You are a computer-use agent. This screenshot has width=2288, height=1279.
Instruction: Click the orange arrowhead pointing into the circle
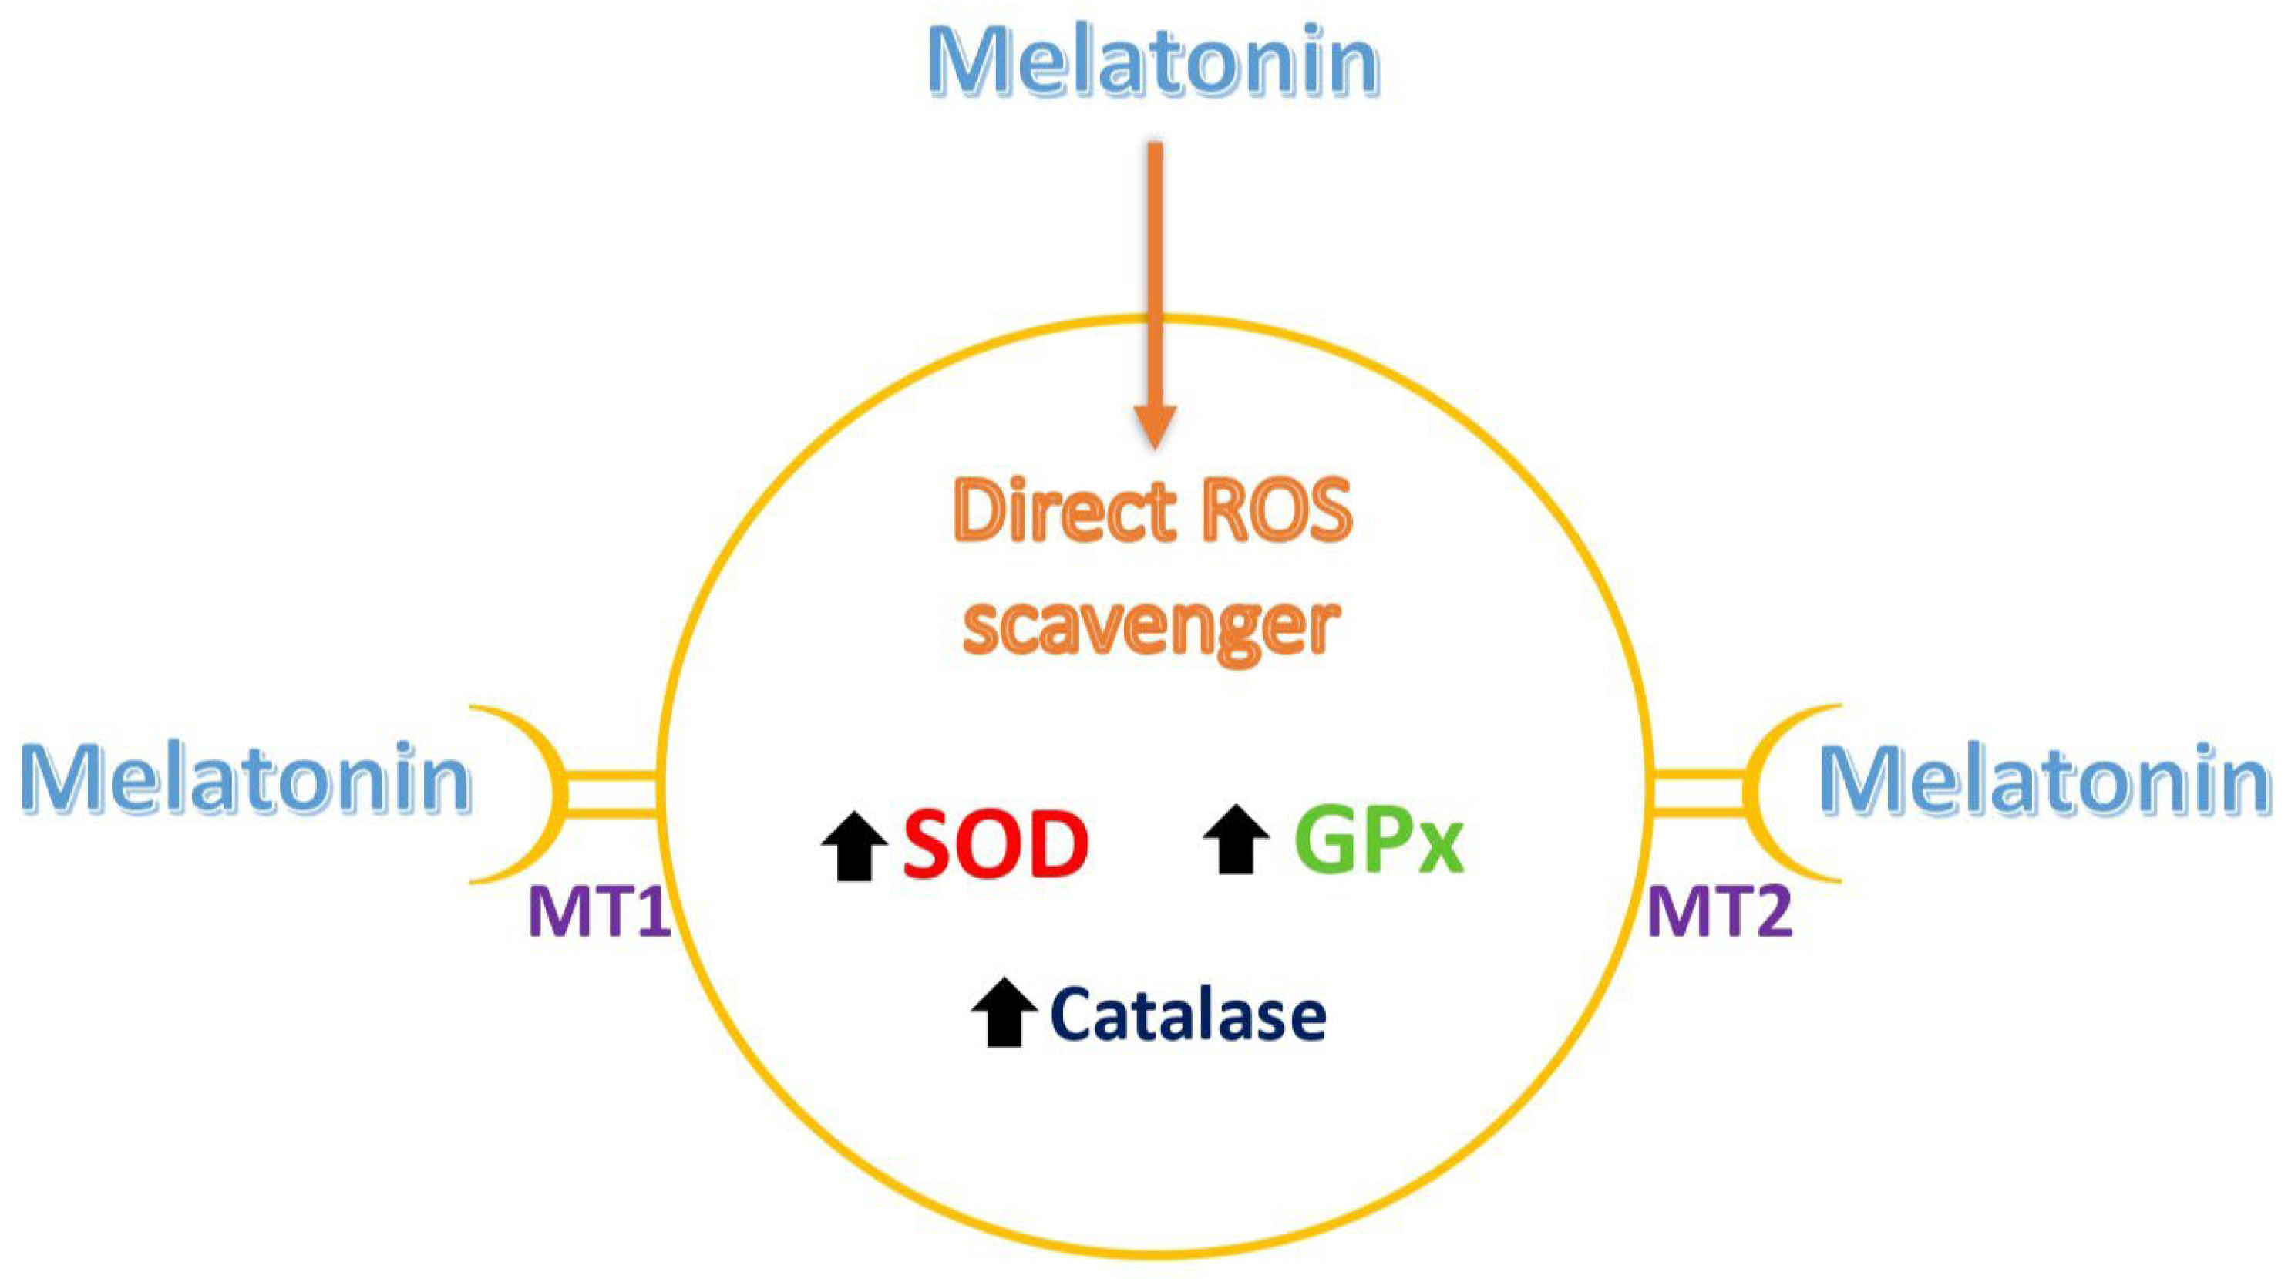1156,426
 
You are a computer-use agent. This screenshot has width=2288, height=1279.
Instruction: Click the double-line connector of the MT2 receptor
1697,793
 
